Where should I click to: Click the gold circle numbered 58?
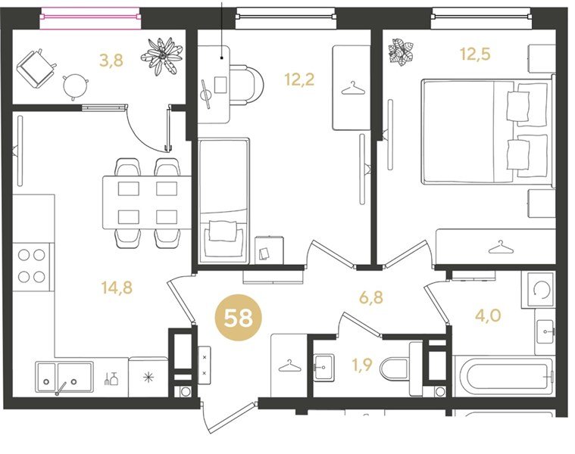pyautogui.click(x=239, y=318)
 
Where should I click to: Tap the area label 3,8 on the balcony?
pyautogui.click(x=111, y=60)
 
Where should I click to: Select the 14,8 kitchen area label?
pyautogui.click(x=117, y=288)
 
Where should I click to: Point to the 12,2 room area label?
pyautogui.click(x=299, y=79)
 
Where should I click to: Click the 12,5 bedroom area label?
pyautogui.click(x=475, y=54)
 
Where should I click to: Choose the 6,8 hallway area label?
pyautogui.click(x=370, y=297)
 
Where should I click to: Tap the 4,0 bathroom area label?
pyautogui.click(x=488, y=315)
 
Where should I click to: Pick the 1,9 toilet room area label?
pyautogui.click(x=362, y=365)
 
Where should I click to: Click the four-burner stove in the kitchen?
pyautogui.click(x=32, y=266)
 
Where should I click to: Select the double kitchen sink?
pyautogui.click(x=64, y=377)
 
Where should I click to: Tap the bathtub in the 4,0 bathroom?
pyautogui.click(x=504, y=376)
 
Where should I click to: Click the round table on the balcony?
pyautogui.click(x=75, y=86)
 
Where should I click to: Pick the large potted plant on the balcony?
pyautogui.click(x=161, y=55)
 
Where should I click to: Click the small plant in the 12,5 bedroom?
pyautogui.click(x=401, y=52)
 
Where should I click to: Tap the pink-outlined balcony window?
pyautogui.click(x=91, y=17)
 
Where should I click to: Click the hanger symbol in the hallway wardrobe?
pyautogui.click(x=289, y=365)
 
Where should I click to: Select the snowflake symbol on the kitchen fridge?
pyautogui.click(x=148, y=377)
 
